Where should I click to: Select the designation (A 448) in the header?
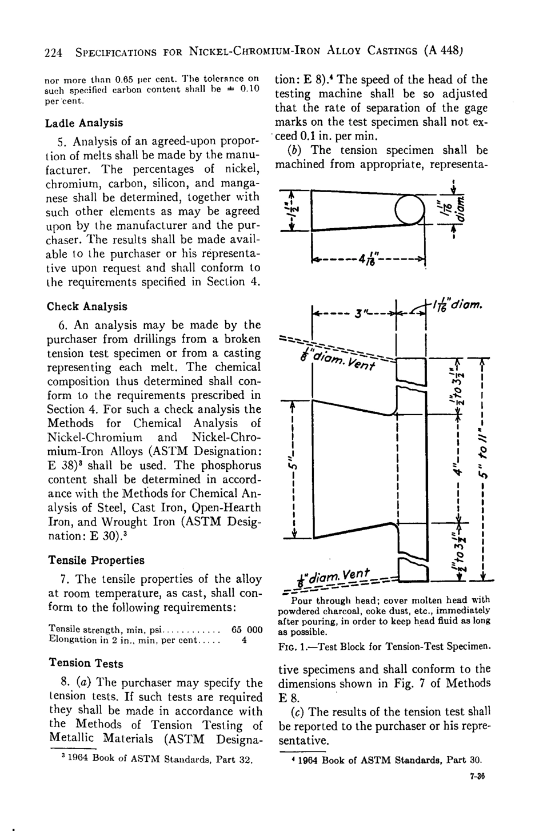(443, 51)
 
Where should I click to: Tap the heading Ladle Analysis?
(85, 123)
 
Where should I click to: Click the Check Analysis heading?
(87, 307)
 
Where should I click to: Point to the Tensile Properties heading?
(96, 560)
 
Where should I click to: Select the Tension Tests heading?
(86, 663)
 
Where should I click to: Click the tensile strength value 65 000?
(247, 630)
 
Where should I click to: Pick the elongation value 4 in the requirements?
(244, 640)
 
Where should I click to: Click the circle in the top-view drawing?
(410, 209)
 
